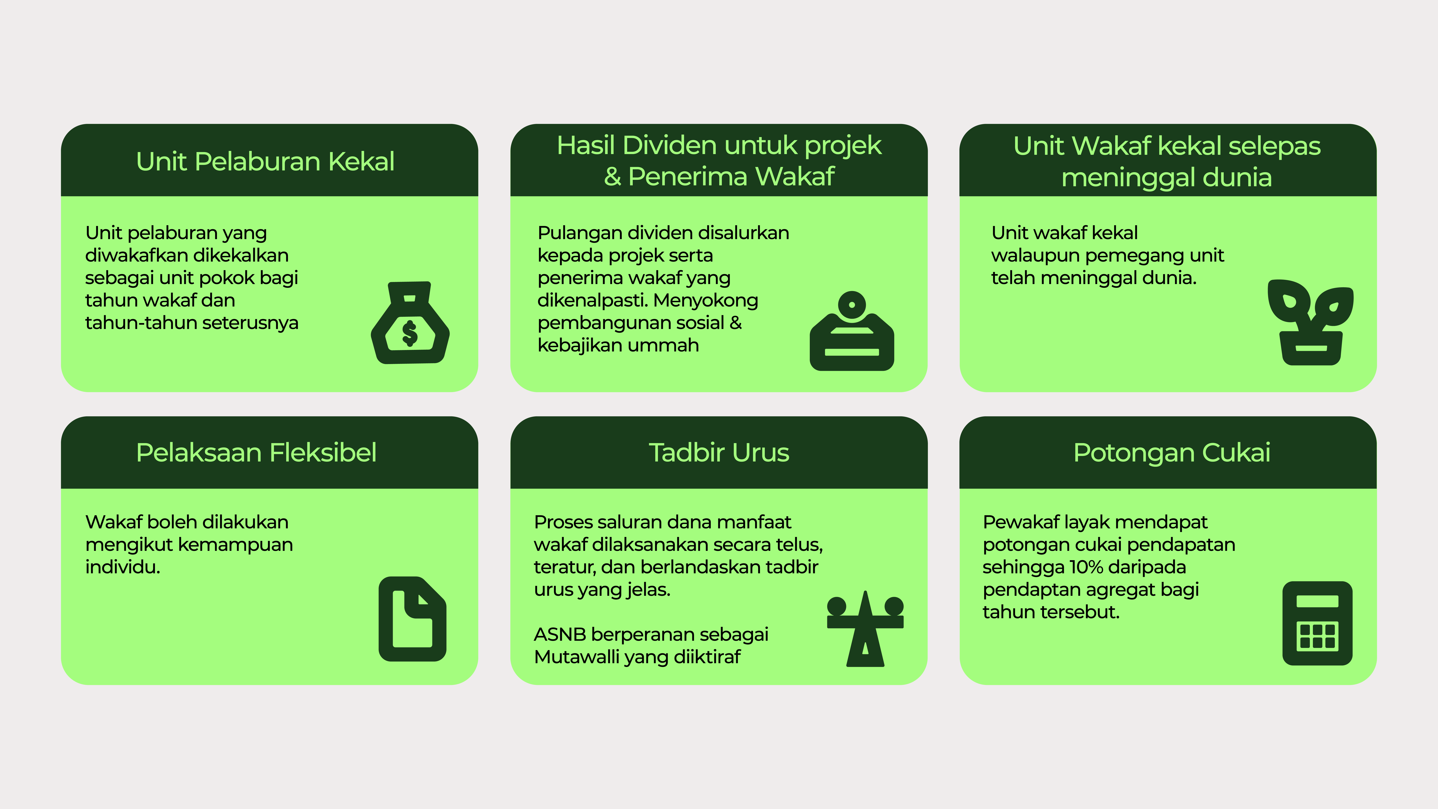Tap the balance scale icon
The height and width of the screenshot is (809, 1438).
pos(865,629)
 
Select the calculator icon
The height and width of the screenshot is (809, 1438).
pos(1317,623)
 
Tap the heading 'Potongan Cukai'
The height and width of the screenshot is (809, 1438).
pos(1172,453)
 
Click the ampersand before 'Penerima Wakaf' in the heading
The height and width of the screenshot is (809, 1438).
pos(612,176)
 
